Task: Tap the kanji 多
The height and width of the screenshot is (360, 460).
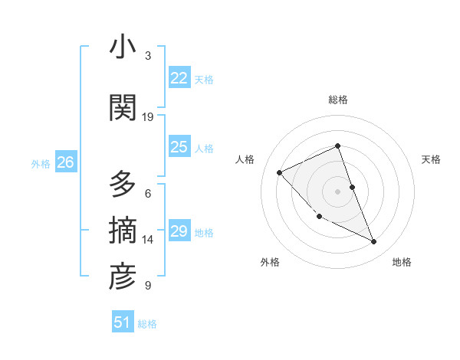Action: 123,185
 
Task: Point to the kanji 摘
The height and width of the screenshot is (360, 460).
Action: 123,231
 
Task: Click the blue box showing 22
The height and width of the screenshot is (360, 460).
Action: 179,78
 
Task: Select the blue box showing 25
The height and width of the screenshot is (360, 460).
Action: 179,147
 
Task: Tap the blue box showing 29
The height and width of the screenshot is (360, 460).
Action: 179,231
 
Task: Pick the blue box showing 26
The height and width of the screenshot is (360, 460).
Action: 65,162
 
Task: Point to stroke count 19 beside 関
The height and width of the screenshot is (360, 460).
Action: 148,117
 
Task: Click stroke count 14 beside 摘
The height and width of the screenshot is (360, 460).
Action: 148,240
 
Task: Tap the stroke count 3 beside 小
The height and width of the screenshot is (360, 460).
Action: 148,56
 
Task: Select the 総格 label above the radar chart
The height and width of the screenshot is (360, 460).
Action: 337,100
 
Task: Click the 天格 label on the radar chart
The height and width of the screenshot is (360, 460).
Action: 432,159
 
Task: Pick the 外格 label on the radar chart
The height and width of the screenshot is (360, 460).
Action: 270,262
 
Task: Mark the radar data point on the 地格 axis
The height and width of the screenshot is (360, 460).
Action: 374,242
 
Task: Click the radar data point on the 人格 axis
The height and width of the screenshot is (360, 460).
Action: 280,172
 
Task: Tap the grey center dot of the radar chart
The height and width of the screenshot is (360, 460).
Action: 337,191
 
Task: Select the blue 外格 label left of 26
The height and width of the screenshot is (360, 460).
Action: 41,163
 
